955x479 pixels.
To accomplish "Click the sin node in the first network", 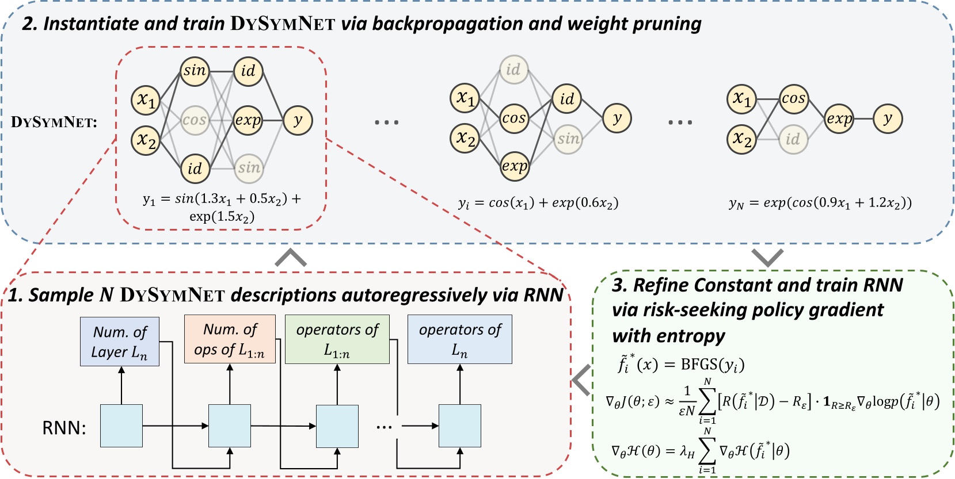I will click(195, 71).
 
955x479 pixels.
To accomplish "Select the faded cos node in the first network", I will click(194, 120).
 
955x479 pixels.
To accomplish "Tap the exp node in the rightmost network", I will click(839, 119).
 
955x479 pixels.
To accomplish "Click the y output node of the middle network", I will click(617, 118).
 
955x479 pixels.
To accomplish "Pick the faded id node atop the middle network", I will click(513, 70).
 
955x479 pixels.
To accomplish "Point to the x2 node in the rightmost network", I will click(741, 139).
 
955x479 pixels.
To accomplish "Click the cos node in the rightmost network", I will click(793, 98).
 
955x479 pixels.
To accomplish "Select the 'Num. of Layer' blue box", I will click(120, 342).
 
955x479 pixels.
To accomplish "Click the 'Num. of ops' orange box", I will click(229, 339).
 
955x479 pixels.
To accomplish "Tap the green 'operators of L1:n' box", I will click(337, 339).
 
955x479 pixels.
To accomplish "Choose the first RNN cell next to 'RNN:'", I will click(121, 426).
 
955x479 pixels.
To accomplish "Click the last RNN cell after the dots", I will click(459, 426).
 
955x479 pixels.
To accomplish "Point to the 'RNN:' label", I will click(64, 428).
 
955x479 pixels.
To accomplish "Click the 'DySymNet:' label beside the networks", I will click(54, 122).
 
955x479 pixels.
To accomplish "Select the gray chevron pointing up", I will click(291, 258).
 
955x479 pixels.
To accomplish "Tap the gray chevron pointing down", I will click(768, 258).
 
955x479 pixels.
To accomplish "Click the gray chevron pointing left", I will click(581, 380).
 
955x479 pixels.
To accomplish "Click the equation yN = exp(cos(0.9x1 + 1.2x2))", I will click(820, 203).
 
